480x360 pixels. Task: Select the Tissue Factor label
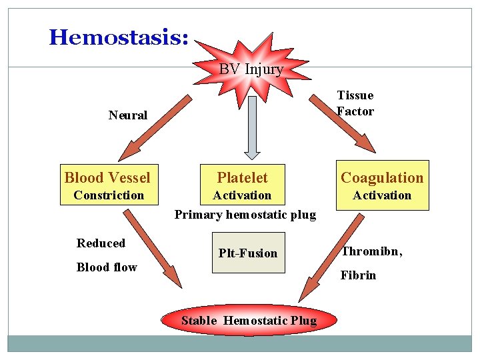click(x=355, y=103)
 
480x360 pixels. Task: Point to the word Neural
click(x=127, y=115)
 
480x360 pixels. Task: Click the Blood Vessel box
click(x=107, y=178)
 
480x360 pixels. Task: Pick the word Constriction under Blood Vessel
click(x=109, y=195)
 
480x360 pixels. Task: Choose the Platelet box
click(x=242, y=178)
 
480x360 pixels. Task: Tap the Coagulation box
click(x=382, y=178)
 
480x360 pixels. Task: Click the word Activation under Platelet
click(x=242, y=195)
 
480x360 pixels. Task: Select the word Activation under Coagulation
click(x=382, y=195)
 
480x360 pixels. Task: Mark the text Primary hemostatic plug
click(x=245, y=215)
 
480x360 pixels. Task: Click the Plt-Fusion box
click(x=248, y=253)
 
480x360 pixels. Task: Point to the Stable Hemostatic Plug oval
click(x=249, y=321)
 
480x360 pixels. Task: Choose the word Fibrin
click(x=359, y=275)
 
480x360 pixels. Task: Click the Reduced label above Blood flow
click(x=101, y=243)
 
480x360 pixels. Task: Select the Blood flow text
click(x=107, y=267)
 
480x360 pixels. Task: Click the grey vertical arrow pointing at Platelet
click(x=252, y=127)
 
